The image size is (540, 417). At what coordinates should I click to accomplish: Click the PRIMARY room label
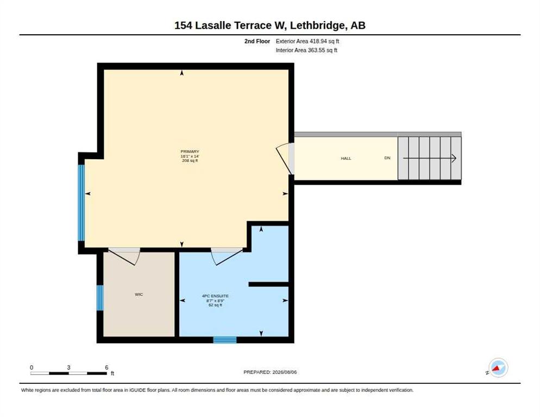(190, 151)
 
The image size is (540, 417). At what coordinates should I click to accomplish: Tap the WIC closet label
(139, 294)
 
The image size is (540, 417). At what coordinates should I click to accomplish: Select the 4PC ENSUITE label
(215, 296)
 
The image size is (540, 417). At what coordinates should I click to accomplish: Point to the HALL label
(346, 159)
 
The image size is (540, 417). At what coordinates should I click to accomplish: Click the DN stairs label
(387, 158)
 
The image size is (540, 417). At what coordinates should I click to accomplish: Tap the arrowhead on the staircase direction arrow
(454, 159)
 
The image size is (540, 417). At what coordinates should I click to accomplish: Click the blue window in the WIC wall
(100, 298)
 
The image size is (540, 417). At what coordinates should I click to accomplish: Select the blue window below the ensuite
(225, 340)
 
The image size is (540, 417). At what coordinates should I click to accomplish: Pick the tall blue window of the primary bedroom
(81, 203)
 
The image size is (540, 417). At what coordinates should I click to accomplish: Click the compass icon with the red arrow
(498, 368)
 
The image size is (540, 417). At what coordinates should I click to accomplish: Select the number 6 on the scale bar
(107, 368)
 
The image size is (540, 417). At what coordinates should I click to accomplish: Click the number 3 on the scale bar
(68, 368)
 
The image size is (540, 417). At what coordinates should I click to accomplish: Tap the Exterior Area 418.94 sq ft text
(307, 41)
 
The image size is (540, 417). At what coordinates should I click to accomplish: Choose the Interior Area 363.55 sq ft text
(306, 50)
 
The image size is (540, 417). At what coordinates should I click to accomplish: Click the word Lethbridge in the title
(317, 26)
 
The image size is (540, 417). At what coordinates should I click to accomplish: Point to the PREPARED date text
(270, 372)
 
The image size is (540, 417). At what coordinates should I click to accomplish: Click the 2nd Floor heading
(258, 41)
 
